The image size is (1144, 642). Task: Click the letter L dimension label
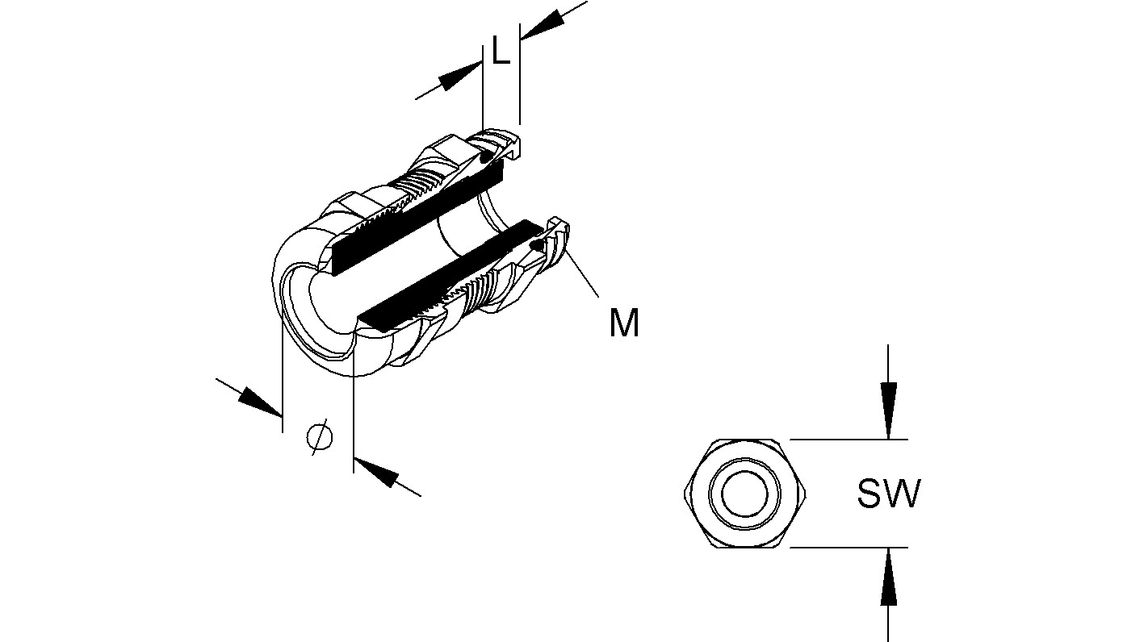(501, 53)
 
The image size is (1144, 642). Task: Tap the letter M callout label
(624, 324)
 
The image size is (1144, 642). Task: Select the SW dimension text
(888, 494)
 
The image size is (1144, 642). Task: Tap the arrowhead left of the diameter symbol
(259, 401)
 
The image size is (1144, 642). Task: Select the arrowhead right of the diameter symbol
(377, 471)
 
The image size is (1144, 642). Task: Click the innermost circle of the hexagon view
(743, 494)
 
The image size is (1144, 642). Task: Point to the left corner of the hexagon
(685, 494)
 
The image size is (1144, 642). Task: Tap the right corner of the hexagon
(808, 494)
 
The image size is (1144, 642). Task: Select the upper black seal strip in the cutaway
(416, 216)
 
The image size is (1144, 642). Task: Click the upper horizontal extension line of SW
(848, 440)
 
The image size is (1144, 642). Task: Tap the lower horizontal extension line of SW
(848, 548)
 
